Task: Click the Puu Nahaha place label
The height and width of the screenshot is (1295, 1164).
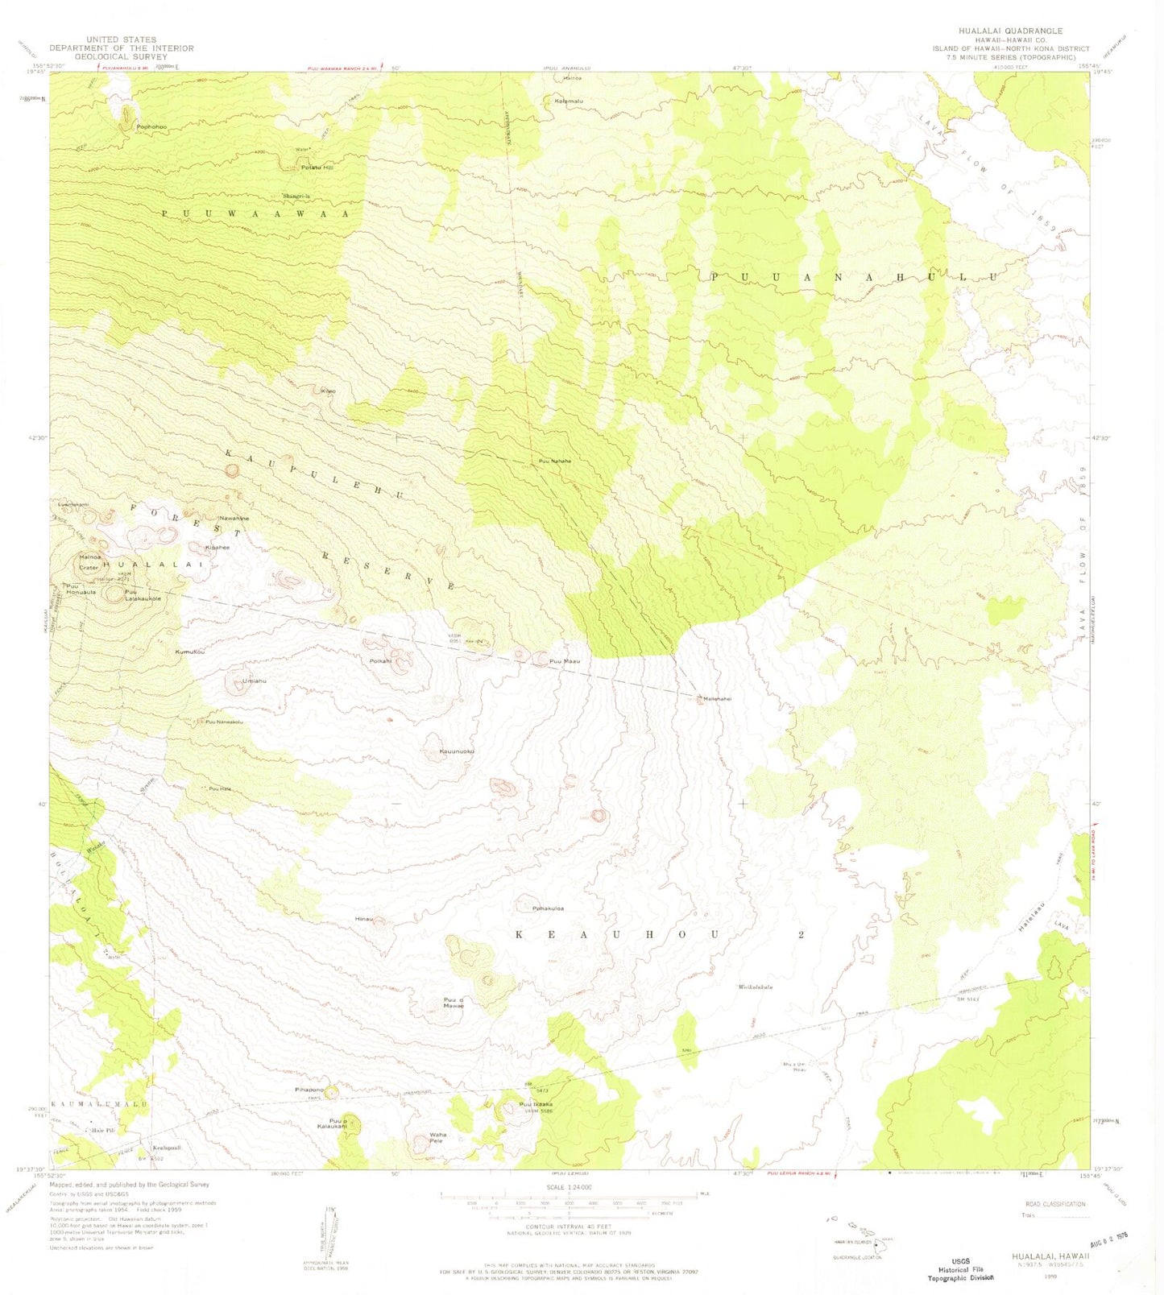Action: [x=555, y=461]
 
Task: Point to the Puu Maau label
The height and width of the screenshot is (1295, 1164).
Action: [x=565, y=661]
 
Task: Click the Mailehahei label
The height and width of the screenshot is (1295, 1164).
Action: [x=717, y=699]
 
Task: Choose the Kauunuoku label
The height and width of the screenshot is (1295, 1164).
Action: [x=457, y=751]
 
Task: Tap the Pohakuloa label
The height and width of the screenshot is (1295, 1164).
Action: [x=548, y=908]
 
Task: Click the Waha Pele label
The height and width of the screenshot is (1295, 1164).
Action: [x=437, y=1138]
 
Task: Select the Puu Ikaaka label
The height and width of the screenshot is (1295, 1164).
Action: [x=536, y=1104]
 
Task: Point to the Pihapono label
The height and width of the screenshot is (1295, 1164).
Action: [x=309, y=1090]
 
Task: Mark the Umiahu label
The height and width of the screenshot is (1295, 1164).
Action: [x=255, y=681]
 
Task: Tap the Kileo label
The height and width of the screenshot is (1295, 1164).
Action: [x=328, y=391]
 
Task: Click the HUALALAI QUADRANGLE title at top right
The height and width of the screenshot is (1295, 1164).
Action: [x=1016, y=31]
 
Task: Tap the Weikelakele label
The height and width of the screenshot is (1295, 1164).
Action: [x=756, y=987]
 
